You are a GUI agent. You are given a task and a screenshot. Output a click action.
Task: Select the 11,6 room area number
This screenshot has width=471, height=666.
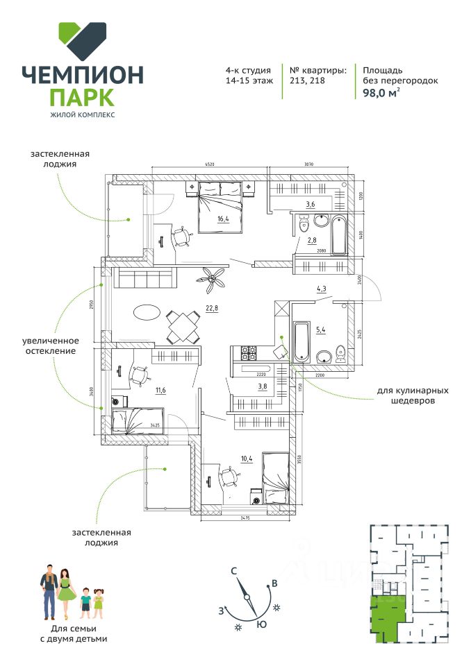click(160, 391)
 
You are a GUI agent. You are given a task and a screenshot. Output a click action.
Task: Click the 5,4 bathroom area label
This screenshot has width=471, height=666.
click(320, 330)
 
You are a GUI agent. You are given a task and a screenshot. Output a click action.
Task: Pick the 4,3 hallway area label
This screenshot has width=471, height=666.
click(322, 289)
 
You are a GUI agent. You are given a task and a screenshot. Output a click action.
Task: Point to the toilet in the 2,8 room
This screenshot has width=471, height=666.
click(303, 225)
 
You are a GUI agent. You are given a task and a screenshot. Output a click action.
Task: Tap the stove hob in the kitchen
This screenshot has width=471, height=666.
click(249, 353)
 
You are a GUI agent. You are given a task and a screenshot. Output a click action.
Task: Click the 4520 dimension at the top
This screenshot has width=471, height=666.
click(208, 164)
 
